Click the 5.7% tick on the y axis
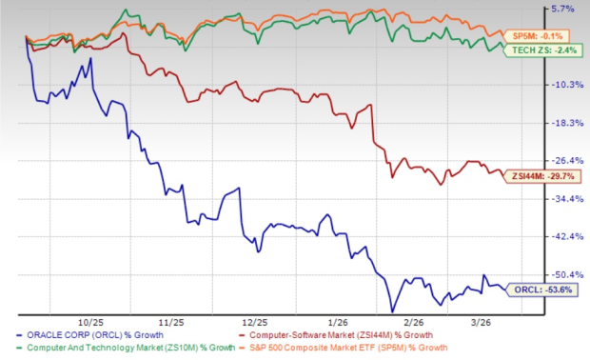563,10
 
